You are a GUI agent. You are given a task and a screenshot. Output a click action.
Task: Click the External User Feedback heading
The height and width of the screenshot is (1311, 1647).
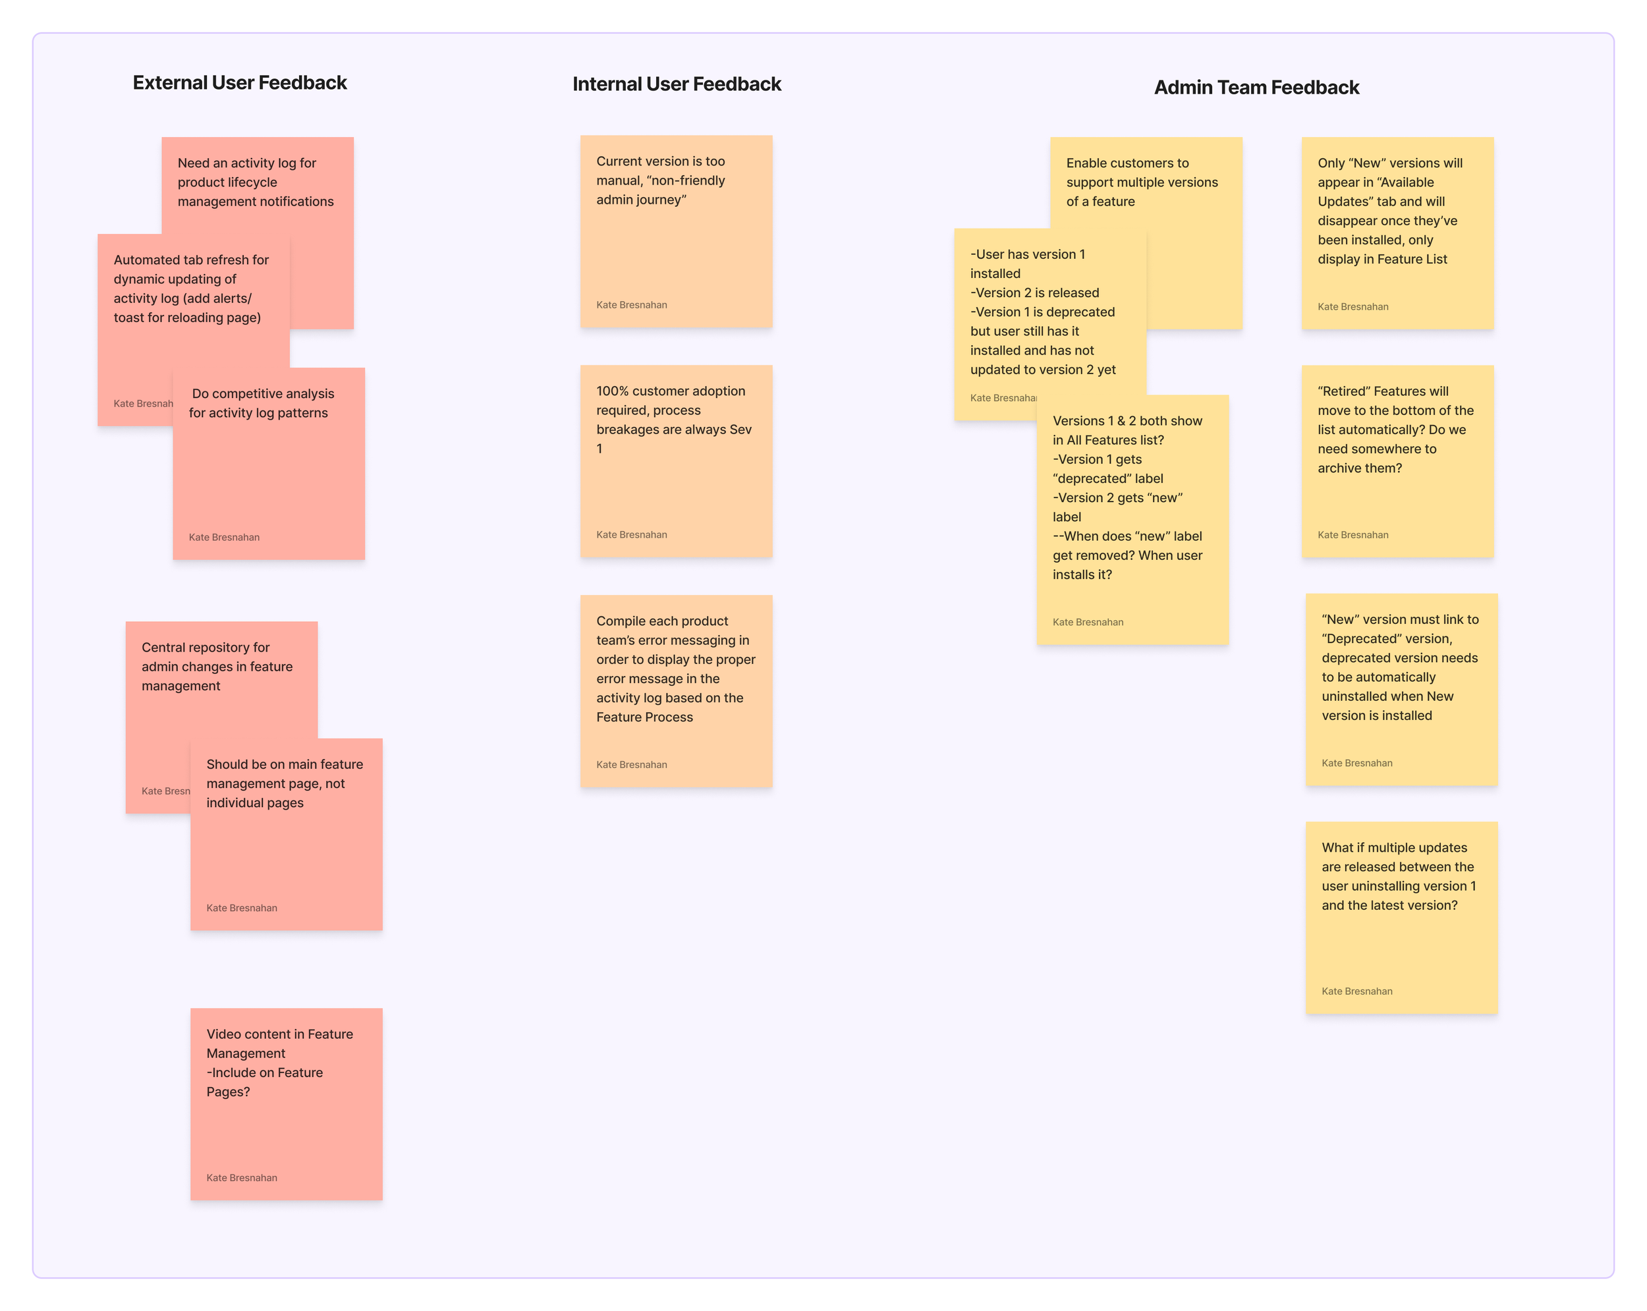[x=239, y=82]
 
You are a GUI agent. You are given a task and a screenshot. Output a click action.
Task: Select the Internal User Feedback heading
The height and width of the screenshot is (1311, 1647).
[x=676, y=84]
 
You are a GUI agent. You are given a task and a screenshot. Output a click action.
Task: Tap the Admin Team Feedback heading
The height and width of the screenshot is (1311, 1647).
[x=1256, y=87]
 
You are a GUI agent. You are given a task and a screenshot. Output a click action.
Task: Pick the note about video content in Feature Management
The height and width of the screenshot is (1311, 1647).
[x=286, y=1103]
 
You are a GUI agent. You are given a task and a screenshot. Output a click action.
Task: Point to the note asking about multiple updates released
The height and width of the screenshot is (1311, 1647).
[x=1401, y=917]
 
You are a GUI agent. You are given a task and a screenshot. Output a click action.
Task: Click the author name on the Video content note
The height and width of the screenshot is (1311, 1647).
[x=241, y=1177]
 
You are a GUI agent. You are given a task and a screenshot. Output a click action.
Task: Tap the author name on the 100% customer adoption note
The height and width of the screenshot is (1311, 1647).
[x=631, y=535]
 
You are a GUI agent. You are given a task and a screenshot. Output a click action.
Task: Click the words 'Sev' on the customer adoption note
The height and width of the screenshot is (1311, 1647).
[x=740, y=430]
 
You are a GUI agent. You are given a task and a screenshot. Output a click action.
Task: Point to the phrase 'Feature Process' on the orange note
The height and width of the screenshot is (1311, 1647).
[x=644, y=717]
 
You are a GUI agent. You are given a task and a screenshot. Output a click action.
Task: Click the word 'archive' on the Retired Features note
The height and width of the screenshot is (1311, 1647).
[x=1339, y=468]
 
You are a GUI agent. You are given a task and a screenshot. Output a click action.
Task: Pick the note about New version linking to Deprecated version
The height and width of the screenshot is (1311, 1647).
[x=1401, y=688]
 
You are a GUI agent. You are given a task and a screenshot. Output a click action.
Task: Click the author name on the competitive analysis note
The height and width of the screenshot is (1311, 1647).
[x=224, y=537]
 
